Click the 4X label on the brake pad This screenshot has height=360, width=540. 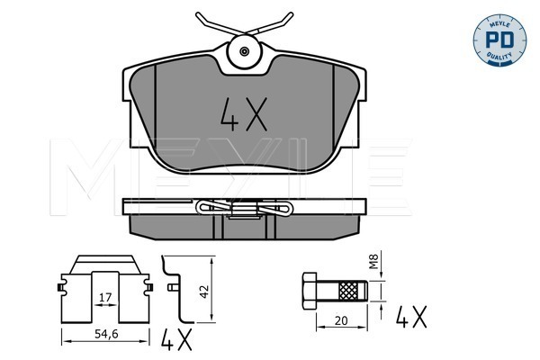coord(244,114)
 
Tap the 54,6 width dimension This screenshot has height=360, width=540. coord(106,334)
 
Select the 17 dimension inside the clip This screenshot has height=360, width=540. coord(105,297)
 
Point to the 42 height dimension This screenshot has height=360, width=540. coord(204,292)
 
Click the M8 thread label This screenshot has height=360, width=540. coord(374,261)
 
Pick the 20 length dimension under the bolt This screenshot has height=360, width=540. coord(341,320)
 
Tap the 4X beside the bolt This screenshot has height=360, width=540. coord(411,317)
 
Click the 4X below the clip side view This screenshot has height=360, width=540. coord(176,339)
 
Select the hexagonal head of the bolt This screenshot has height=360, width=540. coord(310,291)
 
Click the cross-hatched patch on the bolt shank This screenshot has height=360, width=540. coord(348,291)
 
